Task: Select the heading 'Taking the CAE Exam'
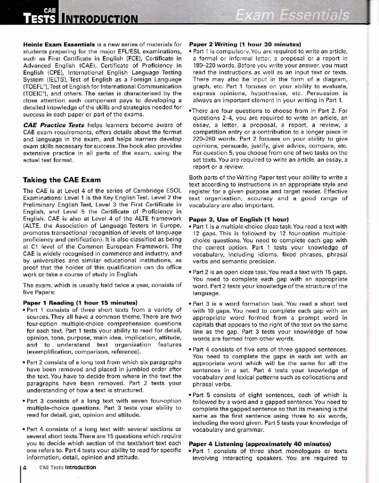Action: [x=62, y=180]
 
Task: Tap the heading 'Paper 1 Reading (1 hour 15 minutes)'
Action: [x=80, y=303]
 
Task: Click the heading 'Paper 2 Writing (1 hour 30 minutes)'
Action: [x=245, y=44]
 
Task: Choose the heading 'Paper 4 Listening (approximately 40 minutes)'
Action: [x=260, y=444]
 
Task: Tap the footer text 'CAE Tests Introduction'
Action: [x=68, y=468]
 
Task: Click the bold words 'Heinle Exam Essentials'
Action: [x=59, y=44]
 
